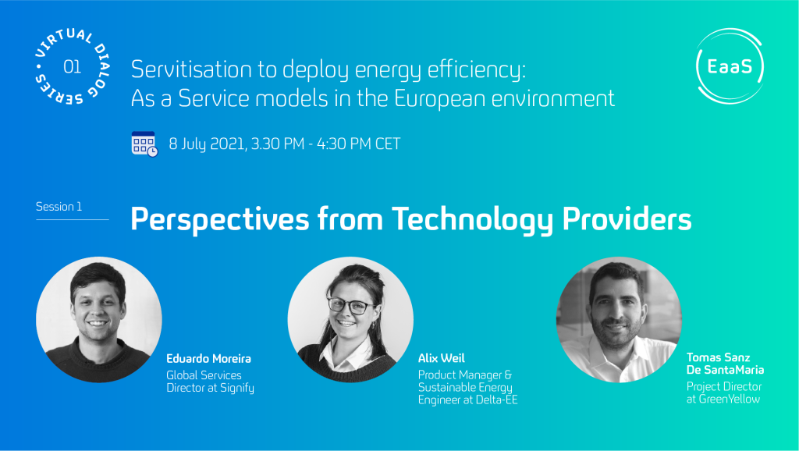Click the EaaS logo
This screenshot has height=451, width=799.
coord(730,66)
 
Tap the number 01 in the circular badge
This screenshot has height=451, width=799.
coord(72,67)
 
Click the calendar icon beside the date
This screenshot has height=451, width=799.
coord(144,144)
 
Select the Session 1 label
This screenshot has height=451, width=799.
coord(59,207)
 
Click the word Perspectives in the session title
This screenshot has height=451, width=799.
coord(219,219)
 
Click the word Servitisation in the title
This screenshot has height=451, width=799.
coord(191,69)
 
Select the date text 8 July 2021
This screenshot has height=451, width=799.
coord(207,144)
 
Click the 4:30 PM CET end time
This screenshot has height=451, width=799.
coord(359,144)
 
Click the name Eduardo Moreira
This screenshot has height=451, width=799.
coord(208,358)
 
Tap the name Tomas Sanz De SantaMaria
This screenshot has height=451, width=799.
coord(725,364)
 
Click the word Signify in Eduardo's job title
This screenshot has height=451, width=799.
coord(236,389)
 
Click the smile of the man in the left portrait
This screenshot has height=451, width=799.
coord(98,323)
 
